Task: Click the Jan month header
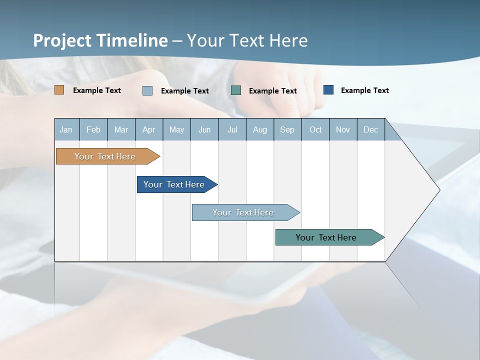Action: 66,129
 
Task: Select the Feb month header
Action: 93,129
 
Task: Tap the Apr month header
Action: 148,129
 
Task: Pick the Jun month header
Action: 204,129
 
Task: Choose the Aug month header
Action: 259,129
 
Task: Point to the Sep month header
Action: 287,129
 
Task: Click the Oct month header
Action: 315,129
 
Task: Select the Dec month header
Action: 370,129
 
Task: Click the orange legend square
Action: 59,90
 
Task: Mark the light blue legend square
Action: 147,90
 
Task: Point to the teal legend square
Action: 236,90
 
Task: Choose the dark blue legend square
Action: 328,90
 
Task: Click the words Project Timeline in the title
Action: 100,40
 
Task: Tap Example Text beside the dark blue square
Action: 364,90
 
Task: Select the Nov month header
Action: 343,129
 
